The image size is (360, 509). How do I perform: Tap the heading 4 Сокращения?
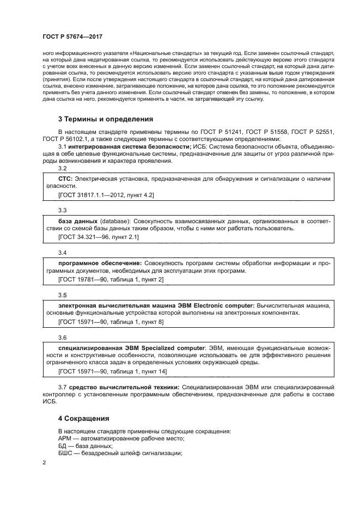(83, 419)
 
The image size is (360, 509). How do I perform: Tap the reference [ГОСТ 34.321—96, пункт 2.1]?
(98, 237)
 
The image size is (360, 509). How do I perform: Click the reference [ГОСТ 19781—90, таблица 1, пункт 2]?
(111, 279)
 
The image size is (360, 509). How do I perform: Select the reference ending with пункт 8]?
(111, 322)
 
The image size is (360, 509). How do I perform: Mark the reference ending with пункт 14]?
(112, 372)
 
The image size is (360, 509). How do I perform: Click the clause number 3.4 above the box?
(62, 253)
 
